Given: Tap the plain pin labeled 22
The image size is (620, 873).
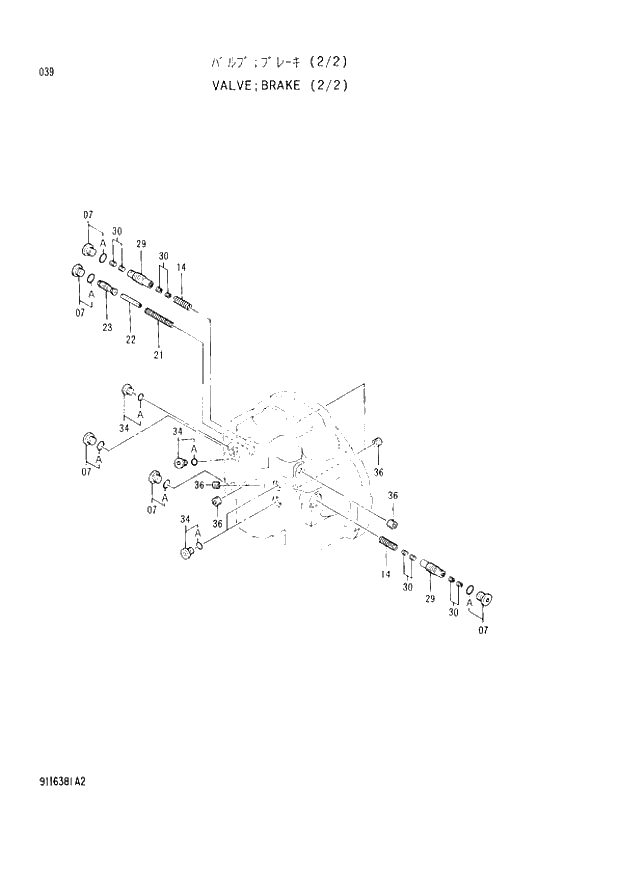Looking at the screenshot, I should [x=133, y=299].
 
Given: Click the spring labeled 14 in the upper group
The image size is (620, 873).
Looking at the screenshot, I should [x=184, y=301].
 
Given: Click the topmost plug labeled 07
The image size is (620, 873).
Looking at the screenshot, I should [x=87, y=248].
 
